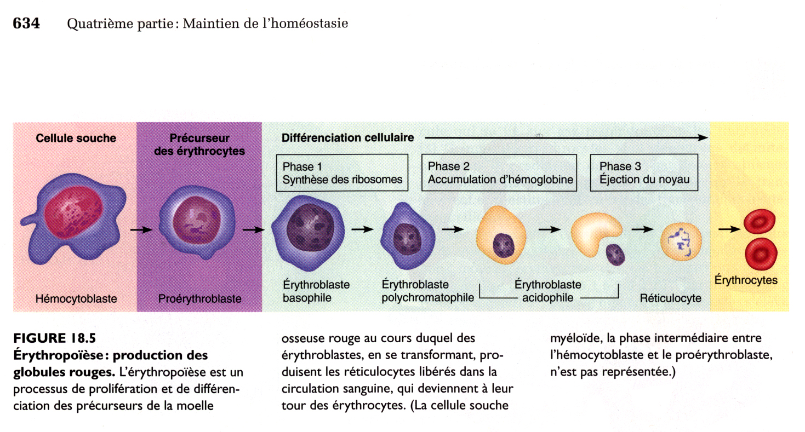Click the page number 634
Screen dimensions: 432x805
26,24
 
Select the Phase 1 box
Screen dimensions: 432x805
342,172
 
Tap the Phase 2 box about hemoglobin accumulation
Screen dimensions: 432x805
499,172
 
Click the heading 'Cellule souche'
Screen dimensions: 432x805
76,139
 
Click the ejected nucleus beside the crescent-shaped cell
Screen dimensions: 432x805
615,254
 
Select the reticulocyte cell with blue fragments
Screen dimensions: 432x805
680,241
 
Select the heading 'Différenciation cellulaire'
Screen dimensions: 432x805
347,138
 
